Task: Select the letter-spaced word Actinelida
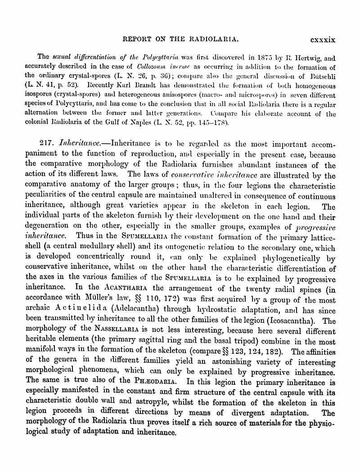76,310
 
